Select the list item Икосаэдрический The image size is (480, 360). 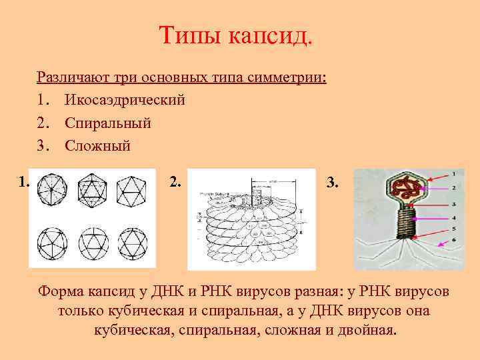point(125,100)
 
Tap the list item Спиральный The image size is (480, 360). point(107,123)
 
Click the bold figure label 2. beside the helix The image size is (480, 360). point(175,181)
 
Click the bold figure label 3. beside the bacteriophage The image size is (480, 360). point(333,182)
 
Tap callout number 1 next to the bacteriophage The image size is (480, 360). point(453,173)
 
